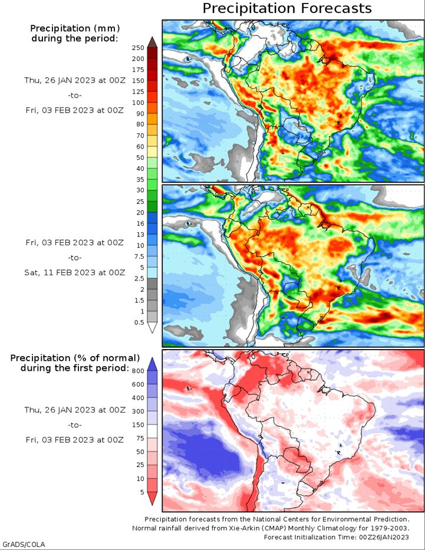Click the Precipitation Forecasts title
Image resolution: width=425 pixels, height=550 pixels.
[x=287, y=8]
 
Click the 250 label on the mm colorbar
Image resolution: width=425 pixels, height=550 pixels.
[x=138, y=48]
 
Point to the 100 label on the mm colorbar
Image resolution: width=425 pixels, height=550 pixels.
[x=138, y=103]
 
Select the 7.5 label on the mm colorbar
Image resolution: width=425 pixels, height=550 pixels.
[x=140, y=256]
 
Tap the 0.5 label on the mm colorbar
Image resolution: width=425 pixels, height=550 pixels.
[x=139, y=322]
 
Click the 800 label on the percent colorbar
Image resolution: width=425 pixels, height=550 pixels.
[x=138, y=371]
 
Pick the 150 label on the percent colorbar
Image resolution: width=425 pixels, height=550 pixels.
[x=138, y=425]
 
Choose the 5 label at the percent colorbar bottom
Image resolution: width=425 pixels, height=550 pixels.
[x=142, y=492]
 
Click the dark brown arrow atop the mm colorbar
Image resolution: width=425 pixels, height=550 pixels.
[x=152, y=42]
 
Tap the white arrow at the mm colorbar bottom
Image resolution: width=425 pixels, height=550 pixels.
[x=152, y=328]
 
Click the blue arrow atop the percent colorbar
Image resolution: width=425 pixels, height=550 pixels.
[x=152, y=364]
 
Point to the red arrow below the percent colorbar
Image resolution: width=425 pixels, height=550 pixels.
[x=152, y=499]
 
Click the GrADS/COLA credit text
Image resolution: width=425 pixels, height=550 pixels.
[x=23, y=544]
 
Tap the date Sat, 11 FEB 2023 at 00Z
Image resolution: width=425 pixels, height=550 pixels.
[x=75, y=272]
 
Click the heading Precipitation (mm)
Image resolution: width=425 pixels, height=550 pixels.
[x=75, y=28]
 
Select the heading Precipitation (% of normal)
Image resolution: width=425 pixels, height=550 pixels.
[x=75, y=358]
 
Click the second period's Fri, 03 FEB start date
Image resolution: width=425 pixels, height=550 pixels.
[x=75, y=243]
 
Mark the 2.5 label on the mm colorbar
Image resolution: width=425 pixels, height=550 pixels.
[x=140, y=278]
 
